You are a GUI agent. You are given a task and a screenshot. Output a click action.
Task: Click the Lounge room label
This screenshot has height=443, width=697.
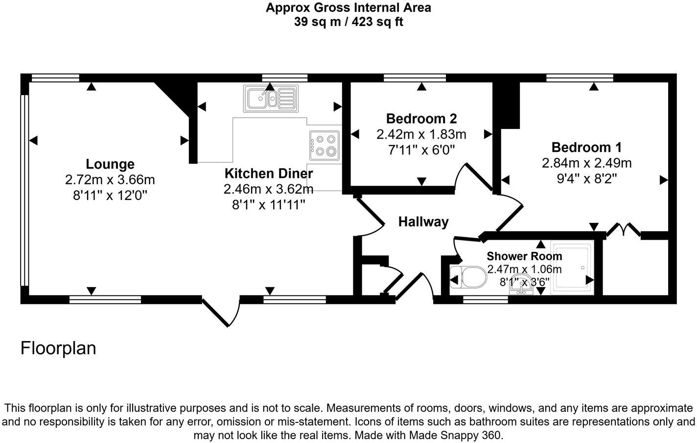click(x=110, y=164)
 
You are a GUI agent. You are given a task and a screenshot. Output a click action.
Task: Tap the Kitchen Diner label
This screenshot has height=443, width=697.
click(x=269, y=173)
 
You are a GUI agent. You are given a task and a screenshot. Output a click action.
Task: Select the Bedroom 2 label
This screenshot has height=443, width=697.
click(x=421, y=119)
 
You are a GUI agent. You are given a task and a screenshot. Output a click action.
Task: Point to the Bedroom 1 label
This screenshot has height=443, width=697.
click(x=586, y=148)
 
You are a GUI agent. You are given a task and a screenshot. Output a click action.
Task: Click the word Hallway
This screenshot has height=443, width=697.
click(x=423, y=222)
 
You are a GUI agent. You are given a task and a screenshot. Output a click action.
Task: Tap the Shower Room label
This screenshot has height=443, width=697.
click(x=524, y=256)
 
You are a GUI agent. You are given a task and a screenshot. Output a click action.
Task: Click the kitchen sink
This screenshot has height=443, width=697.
click(x=271, y=98)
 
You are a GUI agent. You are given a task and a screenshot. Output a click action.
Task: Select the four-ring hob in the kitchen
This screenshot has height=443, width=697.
click(x=325, y=146)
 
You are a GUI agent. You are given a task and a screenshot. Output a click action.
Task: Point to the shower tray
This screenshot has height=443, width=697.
click(x=572, y=268)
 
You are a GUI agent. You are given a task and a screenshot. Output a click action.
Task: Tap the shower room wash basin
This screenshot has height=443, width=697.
click(x=521, y=285)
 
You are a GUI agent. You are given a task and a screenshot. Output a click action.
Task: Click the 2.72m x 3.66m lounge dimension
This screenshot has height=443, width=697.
click(x=110, y=180)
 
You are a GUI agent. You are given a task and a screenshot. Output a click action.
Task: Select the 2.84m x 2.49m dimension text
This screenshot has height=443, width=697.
click(x=586, y=163)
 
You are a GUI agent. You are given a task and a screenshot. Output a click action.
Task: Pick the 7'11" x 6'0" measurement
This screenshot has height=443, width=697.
click(x=421, y=150)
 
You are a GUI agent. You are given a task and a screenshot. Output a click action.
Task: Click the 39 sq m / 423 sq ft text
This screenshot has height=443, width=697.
click(x=348, y=22)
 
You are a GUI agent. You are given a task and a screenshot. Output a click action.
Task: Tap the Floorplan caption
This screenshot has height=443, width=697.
click(x=58, y=348)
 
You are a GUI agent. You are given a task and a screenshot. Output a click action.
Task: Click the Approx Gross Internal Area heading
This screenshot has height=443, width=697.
click(x=348, y=7)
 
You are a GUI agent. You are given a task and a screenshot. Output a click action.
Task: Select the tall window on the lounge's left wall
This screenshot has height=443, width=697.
click(x=24, y=190)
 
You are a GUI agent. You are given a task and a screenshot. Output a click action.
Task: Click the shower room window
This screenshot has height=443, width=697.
click(x=486, y=300)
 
